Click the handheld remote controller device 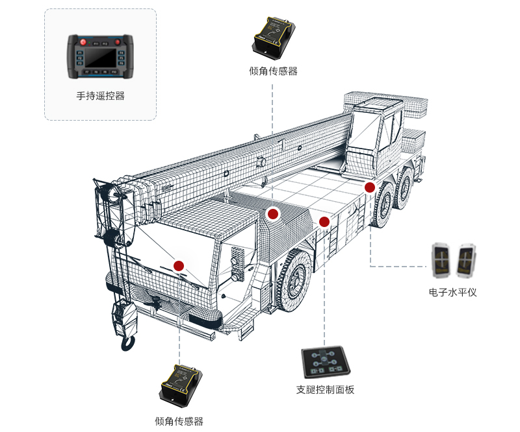(x=100, y=57)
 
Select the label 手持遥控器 (x=100, y=96)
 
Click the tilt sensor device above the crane (x=274, y=35)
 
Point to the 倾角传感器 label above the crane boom (x=273, y=71)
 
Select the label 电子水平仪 (x=452, y=293)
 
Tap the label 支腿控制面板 (x=325, y=390)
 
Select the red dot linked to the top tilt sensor (x=273, y=213)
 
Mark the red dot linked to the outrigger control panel (x=324, y=222)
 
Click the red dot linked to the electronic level (x=370, y=187)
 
